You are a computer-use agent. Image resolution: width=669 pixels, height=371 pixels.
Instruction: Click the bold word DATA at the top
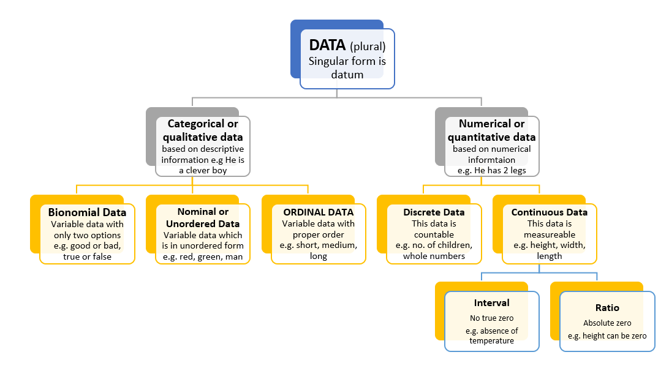pos(327,45)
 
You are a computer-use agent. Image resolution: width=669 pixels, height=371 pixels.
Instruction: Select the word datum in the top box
pos(347,75)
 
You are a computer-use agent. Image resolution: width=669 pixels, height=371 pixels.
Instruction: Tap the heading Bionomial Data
pos(87,212)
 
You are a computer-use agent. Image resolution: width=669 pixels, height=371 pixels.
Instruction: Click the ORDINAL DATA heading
pos(319,212)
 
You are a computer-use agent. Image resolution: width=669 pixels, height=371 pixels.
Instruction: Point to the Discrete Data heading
pos(434,212)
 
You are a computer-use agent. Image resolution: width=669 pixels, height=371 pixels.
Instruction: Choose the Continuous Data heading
pos(550,212)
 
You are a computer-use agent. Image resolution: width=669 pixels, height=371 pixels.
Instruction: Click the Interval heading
pos(491,303)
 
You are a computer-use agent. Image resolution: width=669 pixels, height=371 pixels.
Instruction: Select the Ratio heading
pos(607,308)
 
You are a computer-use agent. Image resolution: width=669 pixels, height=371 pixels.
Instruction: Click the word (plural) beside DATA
pos(368,46)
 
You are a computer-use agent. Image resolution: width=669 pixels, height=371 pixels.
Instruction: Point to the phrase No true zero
pos(491,318)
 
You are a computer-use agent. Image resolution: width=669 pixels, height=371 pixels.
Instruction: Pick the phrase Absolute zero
pos(607,323)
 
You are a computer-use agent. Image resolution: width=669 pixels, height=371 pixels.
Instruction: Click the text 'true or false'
pos(87,257)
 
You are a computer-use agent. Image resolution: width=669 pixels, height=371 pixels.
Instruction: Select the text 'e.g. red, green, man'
pos(203,257)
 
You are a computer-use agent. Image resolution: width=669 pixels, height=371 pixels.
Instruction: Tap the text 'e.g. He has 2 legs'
pos(492,170)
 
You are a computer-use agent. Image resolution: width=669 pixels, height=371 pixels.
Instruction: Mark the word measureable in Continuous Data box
pos(550,234)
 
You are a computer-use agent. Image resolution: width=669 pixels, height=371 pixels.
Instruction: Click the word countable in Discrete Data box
pos(434,234)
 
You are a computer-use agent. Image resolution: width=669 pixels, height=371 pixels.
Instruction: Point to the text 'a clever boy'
pos(203,170)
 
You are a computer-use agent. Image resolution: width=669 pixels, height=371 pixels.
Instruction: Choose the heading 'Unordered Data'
pos(203,223)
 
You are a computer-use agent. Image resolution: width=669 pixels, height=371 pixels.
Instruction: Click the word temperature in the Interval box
pos(491,340)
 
